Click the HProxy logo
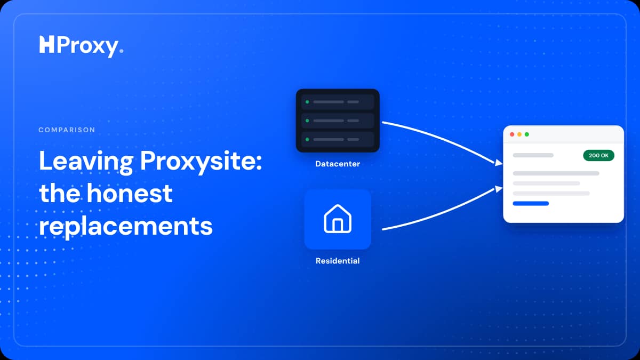tap(81, 46)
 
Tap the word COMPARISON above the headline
tap(67, 130)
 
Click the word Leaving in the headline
tap(86, 162)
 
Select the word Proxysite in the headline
tap(201, 162)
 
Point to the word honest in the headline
tap(130, 194)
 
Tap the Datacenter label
tap(338, 164)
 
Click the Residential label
tap(338, 261)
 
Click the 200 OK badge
tap(598, 155)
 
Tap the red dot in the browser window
tap(512, 134)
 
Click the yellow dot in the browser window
tap(519, 134)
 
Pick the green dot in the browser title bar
tap(527, 134)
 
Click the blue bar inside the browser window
tap(531, 203)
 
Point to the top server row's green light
tap(307, 102)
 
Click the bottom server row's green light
tap(307, 139)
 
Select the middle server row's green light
tap(307, 121)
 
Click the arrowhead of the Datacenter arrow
tap(499, 163)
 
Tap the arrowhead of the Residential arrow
tap(499, 189)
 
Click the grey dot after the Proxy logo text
tap(122, 51)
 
